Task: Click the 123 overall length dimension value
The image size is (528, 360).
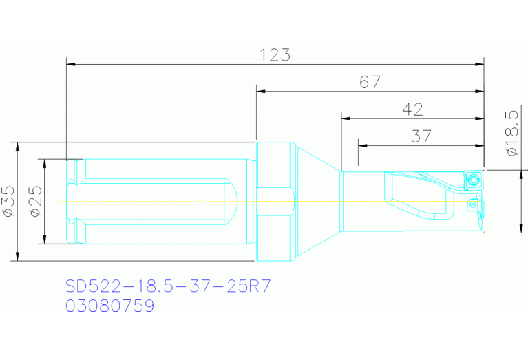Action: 275,55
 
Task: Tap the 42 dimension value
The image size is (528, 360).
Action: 412,109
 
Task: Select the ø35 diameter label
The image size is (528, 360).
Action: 8,202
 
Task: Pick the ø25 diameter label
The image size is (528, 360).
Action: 35,202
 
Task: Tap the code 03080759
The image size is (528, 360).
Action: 110,305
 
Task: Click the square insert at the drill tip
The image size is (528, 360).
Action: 473,180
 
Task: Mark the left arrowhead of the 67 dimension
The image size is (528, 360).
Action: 260,91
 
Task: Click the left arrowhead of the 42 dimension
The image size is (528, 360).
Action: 346,118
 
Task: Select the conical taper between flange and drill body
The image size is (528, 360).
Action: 318,202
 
